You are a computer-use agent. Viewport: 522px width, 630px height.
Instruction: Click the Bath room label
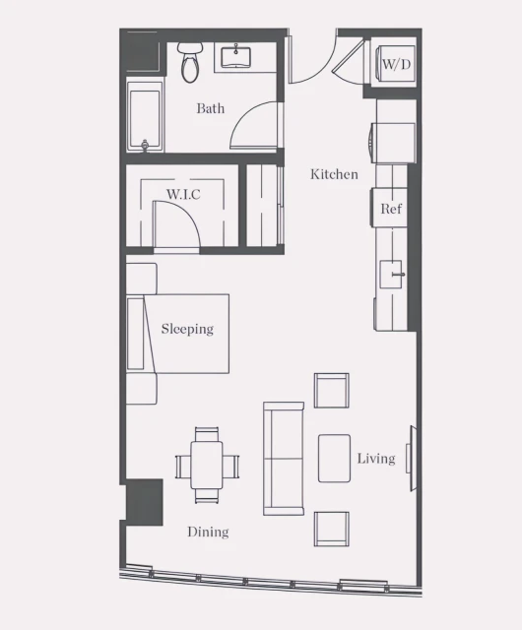point(210,108)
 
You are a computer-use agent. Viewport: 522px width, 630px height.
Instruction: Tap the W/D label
point(396,64)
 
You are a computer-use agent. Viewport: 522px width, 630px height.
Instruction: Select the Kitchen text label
point(334,174)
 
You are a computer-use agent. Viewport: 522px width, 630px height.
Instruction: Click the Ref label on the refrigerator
point(391,209)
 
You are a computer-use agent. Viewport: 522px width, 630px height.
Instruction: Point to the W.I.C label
point(183,194)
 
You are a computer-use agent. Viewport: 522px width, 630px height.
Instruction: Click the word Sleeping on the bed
point(187,329)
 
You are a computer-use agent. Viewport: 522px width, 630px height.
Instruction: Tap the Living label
point(375,458)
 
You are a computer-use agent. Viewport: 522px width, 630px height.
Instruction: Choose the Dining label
point(208,532)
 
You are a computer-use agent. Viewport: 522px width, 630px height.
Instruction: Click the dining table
point(207,465)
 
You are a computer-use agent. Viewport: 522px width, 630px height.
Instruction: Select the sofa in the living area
point(284,458)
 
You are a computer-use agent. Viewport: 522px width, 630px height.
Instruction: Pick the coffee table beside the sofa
point(334,458)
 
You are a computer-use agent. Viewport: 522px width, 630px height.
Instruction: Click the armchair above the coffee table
point(332,390)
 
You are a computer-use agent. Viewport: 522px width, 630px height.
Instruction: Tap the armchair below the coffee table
point(331,529)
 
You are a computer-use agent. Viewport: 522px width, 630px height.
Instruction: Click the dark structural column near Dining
point(144,502)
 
